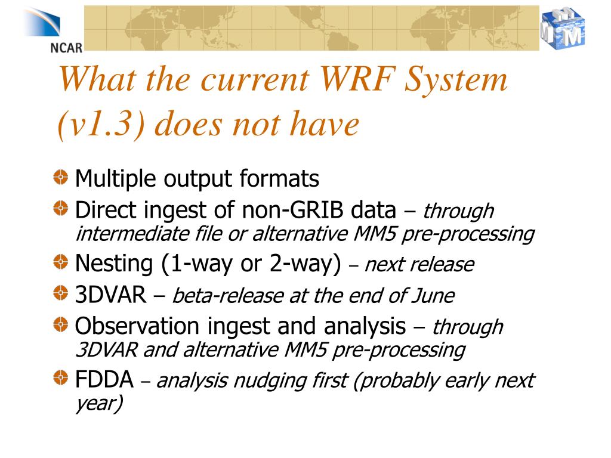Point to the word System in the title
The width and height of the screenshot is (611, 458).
coord(458,79)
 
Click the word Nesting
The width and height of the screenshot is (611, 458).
coord(113,264)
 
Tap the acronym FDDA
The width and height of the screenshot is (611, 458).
coord(103,380)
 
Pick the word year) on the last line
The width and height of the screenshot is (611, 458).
coord(99,404)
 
